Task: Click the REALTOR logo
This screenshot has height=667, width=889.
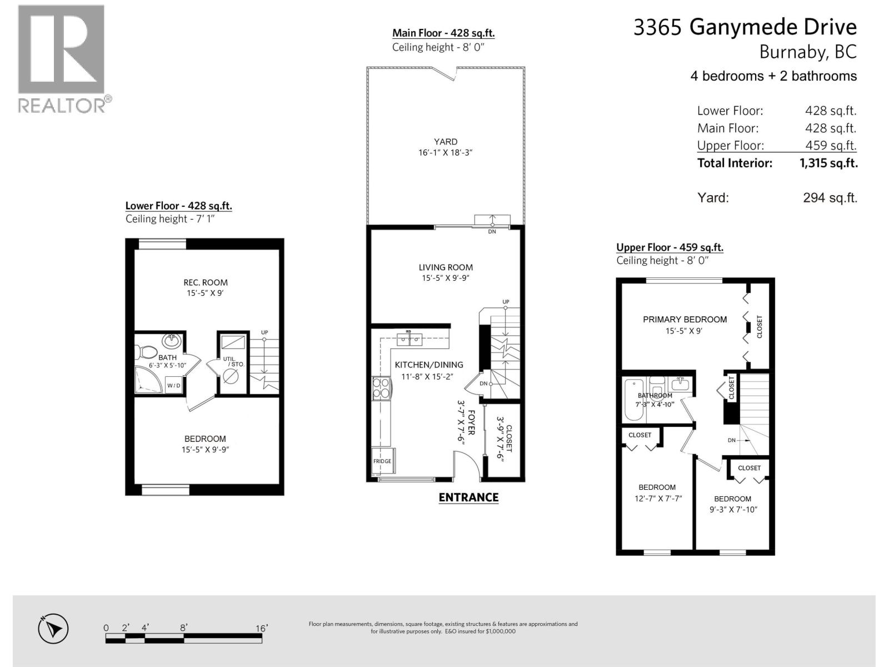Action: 61,58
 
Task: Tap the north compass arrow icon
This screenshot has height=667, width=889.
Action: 53,629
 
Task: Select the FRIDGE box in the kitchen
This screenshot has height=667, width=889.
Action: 382,461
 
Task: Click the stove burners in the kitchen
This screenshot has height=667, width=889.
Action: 381,387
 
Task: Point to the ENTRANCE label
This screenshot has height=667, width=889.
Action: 468,497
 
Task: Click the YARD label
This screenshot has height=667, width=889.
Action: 446,142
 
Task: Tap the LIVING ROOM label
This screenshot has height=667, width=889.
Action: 446,267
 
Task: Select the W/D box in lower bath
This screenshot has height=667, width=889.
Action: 173,385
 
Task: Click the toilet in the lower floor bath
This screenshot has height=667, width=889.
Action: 147,351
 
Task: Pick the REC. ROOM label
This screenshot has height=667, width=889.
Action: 205,282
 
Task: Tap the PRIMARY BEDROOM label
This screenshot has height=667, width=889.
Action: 685,320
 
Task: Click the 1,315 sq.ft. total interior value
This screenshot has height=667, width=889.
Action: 828,163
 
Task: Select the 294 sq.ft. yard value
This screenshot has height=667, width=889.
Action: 830,198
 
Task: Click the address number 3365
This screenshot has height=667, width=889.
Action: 657,28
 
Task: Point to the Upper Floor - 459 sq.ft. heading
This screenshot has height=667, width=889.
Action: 670,247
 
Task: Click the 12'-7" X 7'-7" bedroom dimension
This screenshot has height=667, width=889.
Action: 658,499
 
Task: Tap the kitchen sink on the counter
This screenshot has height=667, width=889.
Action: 409,339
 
